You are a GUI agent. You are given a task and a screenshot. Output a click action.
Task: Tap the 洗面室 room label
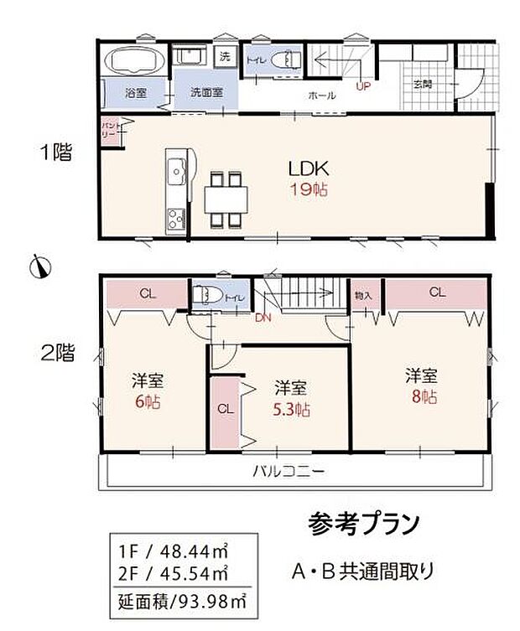(205, 94)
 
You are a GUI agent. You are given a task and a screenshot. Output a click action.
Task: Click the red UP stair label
(363, 85)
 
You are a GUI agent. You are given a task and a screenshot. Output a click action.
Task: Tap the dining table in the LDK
(226, 199)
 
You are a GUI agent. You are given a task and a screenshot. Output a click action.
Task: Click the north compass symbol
(39, 266)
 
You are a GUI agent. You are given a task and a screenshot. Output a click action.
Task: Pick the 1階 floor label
(56, 153)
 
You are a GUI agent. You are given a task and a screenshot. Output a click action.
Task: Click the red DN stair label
(263, 318)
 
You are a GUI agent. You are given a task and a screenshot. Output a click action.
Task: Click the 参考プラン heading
(362, 525)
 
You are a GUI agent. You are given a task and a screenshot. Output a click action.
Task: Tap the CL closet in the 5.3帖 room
(225, 410)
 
